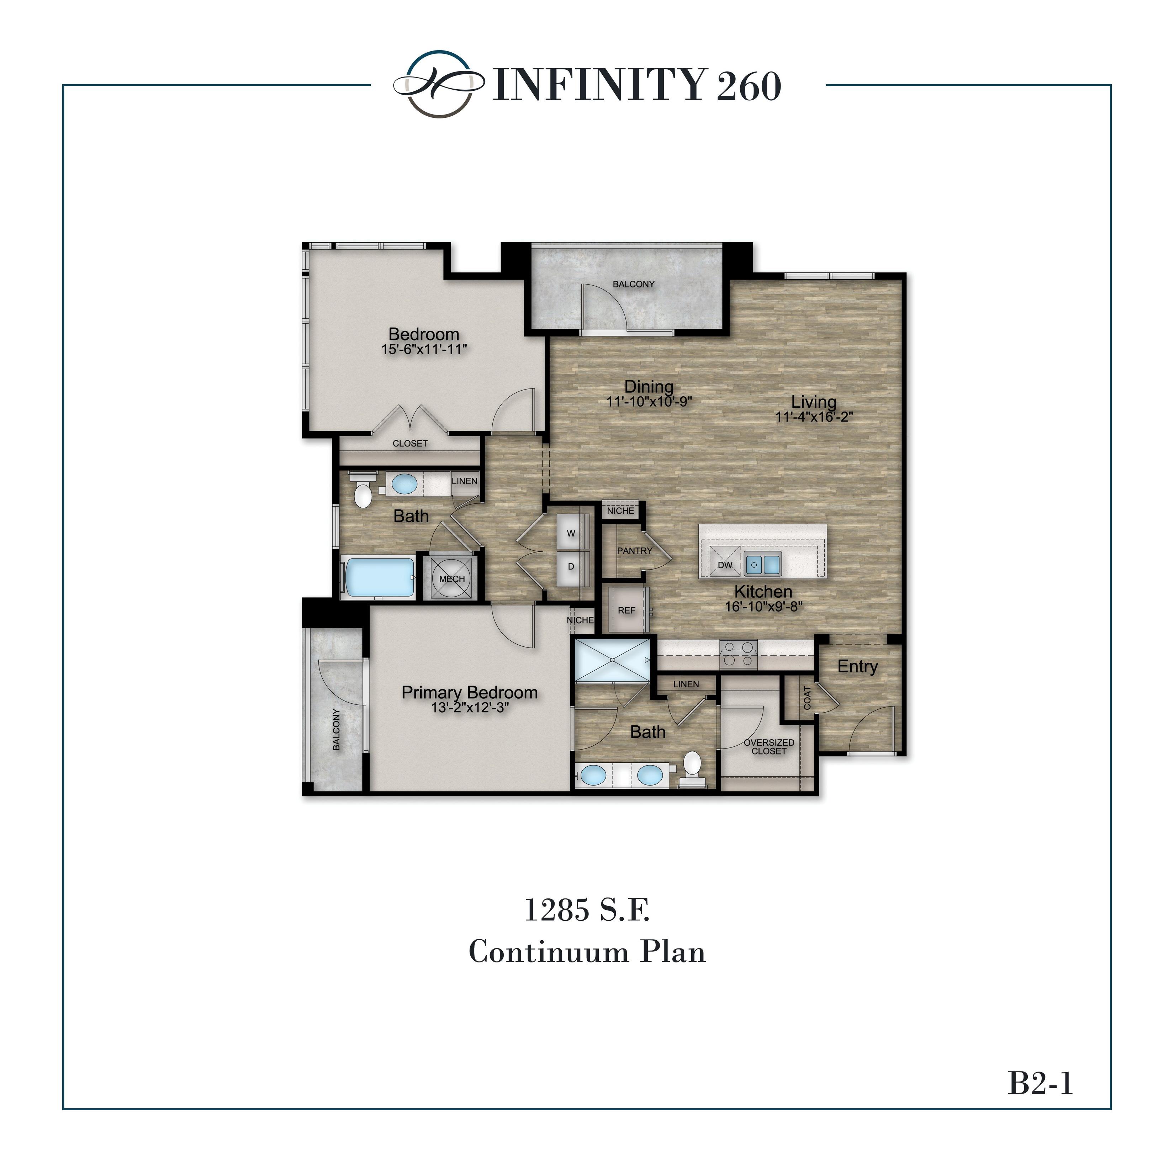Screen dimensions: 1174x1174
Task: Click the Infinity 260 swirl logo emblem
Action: [439, 84]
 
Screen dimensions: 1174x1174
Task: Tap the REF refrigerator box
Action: [626, 610]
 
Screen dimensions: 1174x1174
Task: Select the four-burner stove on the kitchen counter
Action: [738, 654]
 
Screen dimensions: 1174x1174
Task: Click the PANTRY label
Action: [634, 551]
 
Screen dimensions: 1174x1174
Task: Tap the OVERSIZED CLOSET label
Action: [769, 747]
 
